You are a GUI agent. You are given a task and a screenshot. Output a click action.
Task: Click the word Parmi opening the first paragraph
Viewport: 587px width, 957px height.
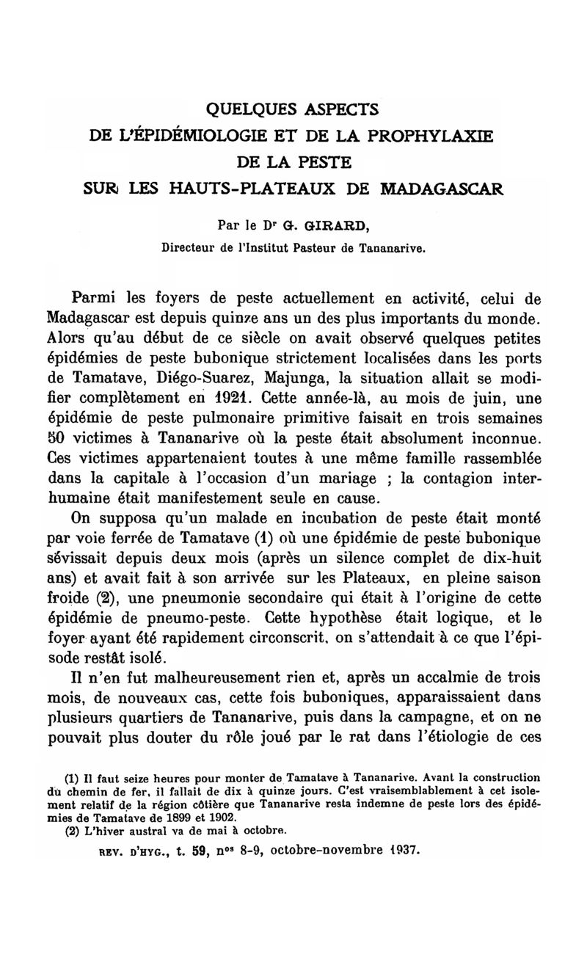tap(99, 299)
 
